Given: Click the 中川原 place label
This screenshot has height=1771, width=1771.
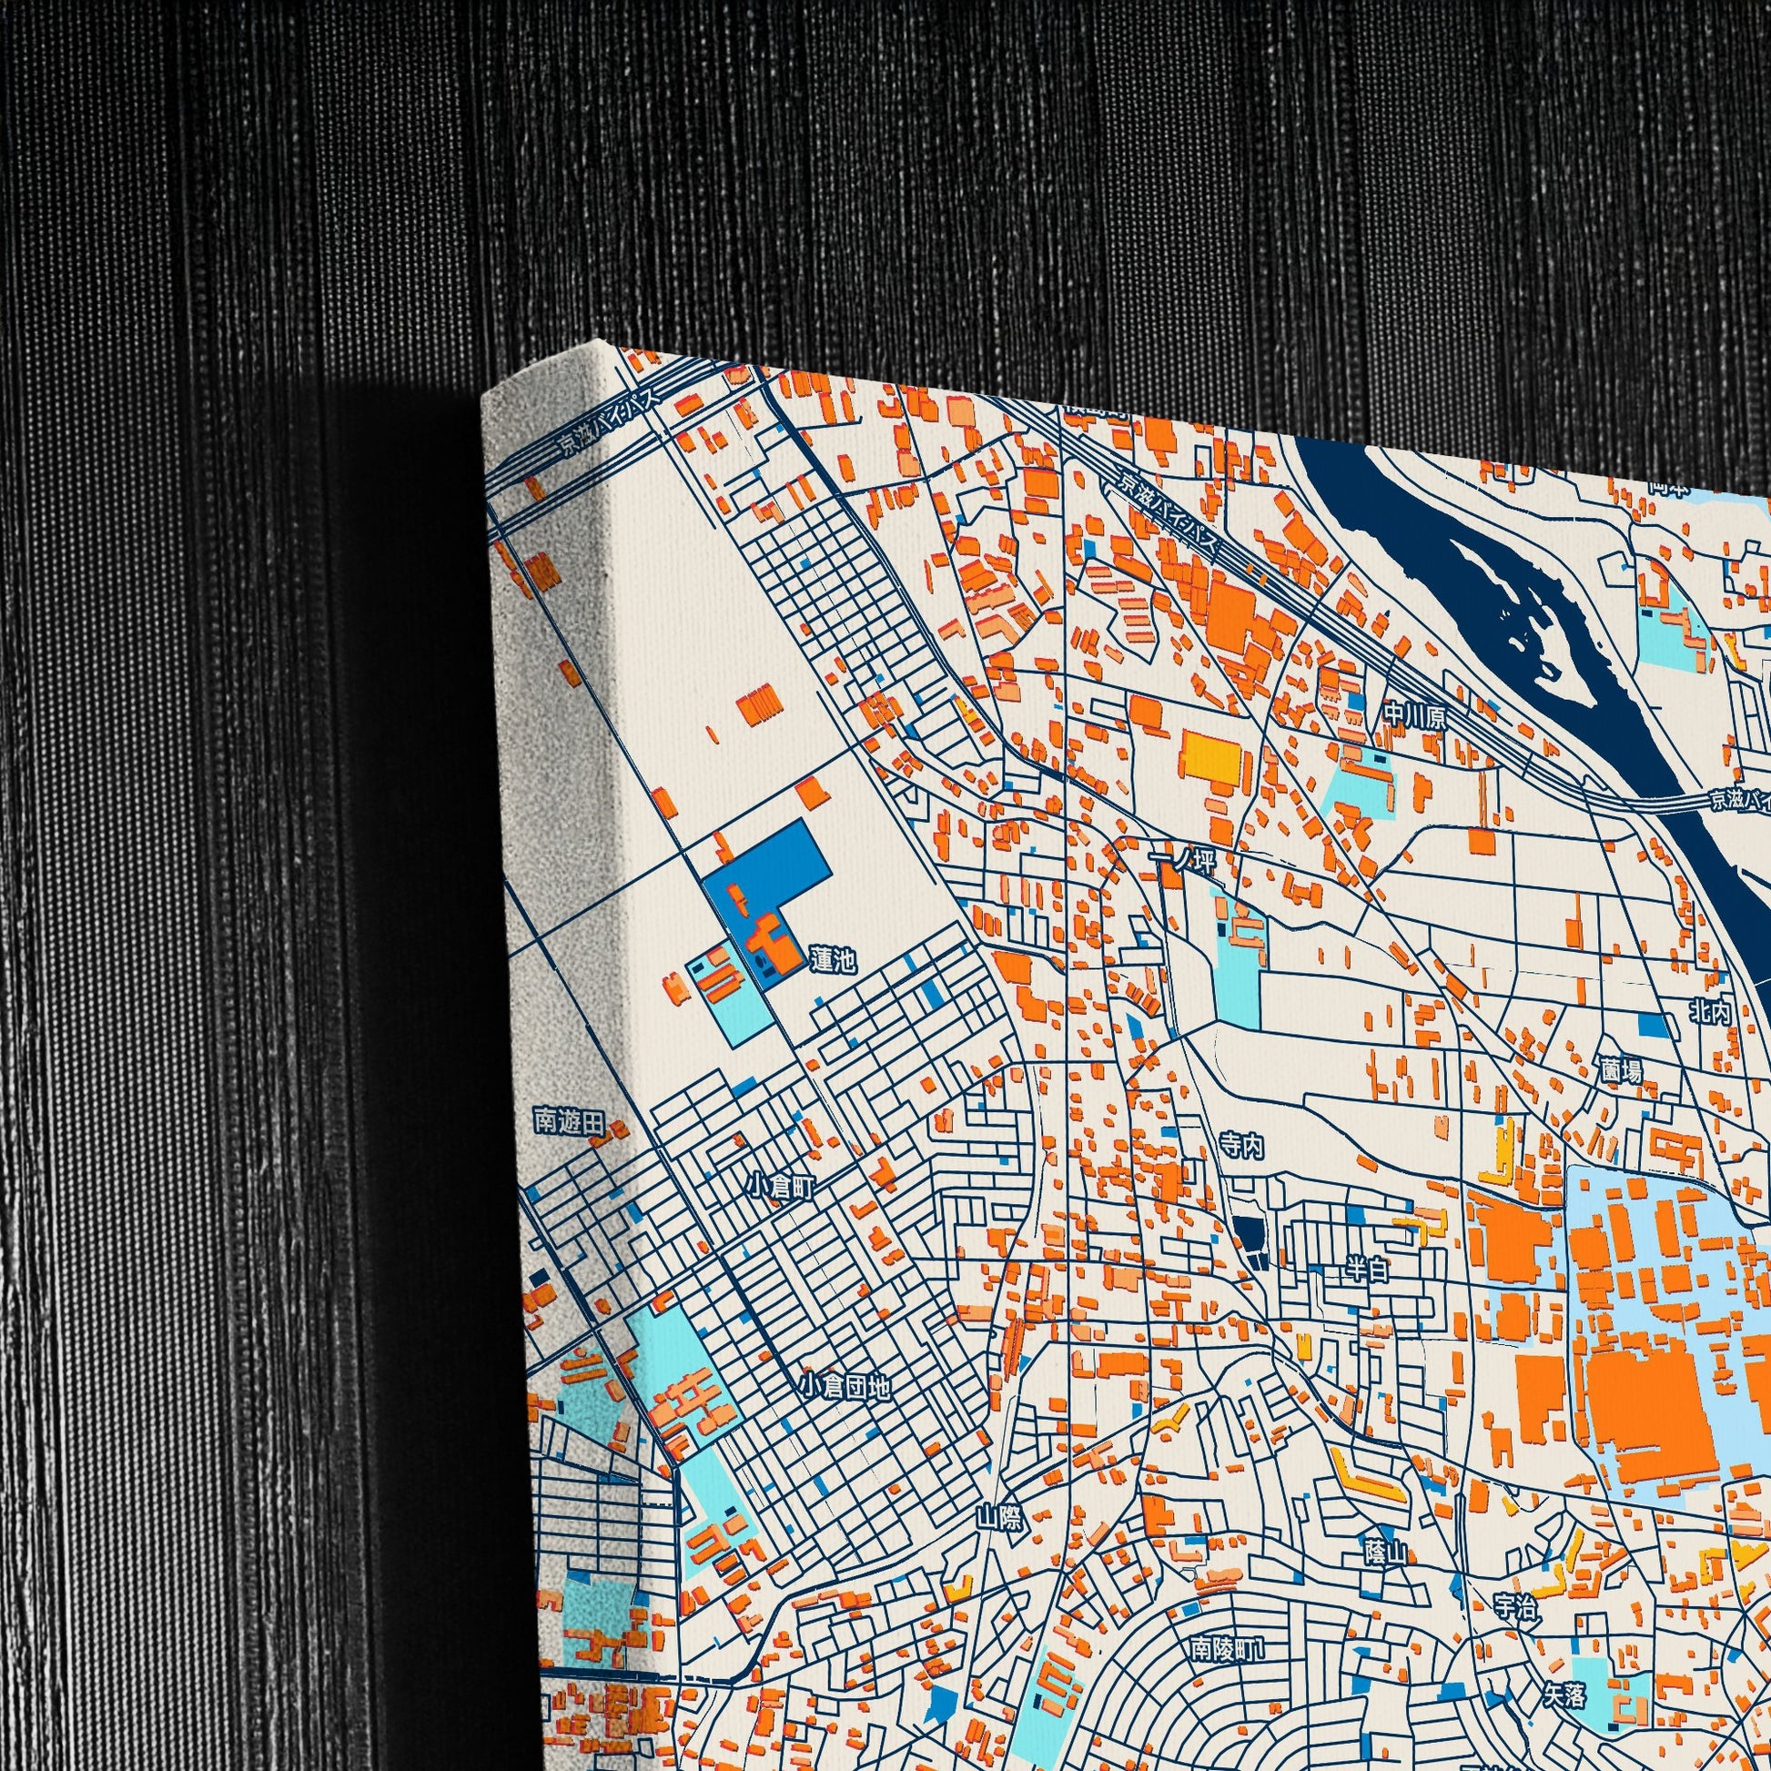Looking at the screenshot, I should click(1416, 716).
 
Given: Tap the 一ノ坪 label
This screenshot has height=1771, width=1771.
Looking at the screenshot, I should click(1179, 862).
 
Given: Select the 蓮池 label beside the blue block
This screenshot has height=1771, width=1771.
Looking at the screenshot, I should click(833, 960).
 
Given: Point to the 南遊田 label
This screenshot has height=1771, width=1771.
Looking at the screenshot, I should click(570, 1123).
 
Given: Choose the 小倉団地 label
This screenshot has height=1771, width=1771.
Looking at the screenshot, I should click(845, 1386).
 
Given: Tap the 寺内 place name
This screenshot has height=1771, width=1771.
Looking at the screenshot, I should click(1241, 1147).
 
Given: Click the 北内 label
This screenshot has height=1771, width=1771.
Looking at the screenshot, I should click(1711, 1011).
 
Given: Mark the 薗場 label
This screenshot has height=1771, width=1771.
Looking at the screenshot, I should click(1623, 1069).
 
